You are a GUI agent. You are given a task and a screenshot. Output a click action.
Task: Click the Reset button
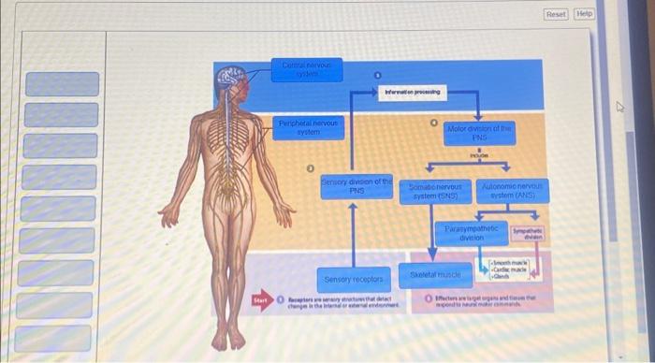[556, 14]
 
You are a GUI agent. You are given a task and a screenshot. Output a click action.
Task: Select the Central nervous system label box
[313, 68]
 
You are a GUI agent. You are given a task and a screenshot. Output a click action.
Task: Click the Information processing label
[412, 92]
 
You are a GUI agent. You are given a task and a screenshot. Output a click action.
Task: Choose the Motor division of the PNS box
[478, 132]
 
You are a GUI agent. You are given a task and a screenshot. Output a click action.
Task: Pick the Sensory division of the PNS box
[356, 185]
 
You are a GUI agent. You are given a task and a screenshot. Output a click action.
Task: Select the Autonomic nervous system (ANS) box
[512, 192]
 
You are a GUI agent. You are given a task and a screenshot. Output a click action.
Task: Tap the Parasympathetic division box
[471, 233]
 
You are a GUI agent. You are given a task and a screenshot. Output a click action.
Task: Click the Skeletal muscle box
[435, 276]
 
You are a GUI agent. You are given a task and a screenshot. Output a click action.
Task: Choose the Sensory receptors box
[353, 279]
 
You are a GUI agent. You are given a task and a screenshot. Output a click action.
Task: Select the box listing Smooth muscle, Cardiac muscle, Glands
[510, 270]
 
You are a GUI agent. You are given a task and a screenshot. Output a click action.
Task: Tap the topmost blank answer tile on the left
[62, 84]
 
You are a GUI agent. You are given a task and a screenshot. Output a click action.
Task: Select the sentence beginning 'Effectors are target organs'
[487, 300]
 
